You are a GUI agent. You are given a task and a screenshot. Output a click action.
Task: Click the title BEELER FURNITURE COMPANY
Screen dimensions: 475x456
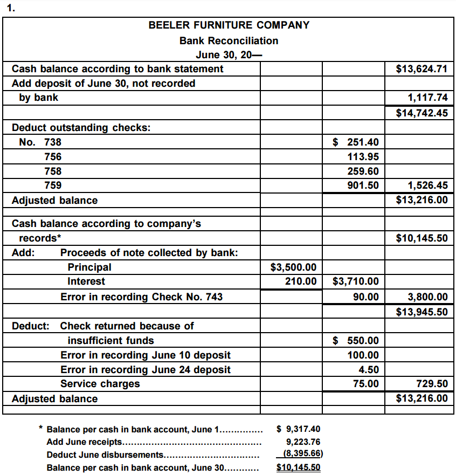[x=229, y=25]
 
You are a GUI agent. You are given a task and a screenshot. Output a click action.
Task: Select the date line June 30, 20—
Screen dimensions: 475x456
[x=229, y=54]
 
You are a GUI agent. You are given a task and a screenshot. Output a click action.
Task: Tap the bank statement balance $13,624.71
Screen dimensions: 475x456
[x=422, y=69]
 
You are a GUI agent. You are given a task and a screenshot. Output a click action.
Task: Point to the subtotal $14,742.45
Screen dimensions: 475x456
[x=422, y=113]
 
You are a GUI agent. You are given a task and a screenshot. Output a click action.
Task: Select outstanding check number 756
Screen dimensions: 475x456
[x=53, y=157]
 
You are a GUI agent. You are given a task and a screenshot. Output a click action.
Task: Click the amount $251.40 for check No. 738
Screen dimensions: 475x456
[x=356, y=142]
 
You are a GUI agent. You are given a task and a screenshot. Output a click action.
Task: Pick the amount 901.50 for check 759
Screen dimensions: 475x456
[x=363, y=185]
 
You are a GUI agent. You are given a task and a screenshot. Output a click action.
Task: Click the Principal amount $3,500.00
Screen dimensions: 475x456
[x=293, y=267]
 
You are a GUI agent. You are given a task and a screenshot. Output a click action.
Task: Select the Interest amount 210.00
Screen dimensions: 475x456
[x=301, y=281]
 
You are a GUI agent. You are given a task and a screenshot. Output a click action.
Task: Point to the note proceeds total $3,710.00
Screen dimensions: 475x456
[x=356, y=281]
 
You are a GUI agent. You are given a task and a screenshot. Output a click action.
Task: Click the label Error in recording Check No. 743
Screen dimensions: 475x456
[x=141, y=297]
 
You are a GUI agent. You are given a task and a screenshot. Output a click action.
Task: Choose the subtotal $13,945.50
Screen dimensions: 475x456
[x=422, y=312]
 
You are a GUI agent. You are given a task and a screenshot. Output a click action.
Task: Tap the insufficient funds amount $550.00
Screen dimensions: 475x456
[x=356, y=341]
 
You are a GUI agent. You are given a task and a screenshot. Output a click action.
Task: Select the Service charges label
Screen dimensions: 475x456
[x=100, y=384]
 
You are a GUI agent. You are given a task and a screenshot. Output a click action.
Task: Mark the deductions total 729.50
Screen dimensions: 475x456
[x=432, y=384]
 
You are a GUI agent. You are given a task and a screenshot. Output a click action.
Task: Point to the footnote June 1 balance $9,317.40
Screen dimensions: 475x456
[x=298, y=429]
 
